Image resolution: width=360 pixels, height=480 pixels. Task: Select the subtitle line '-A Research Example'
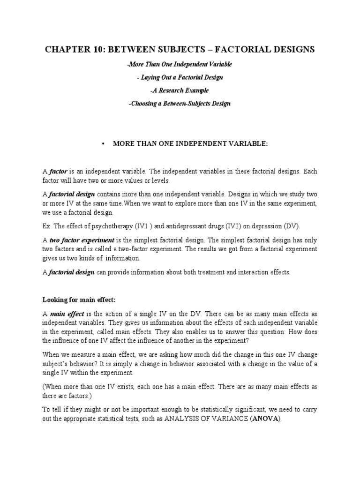[x=180, y=90]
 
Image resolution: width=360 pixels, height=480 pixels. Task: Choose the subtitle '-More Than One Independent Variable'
[x=180, y=64]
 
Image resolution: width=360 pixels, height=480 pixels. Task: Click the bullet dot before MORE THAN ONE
[x=103, y=144]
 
